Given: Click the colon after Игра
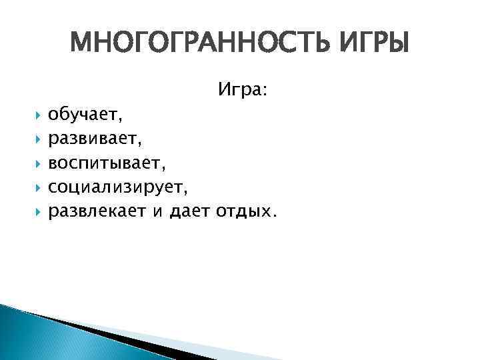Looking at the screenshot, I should [x=265, y=91].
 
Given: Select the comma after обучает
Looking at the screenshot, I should [x=120, y=121].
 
